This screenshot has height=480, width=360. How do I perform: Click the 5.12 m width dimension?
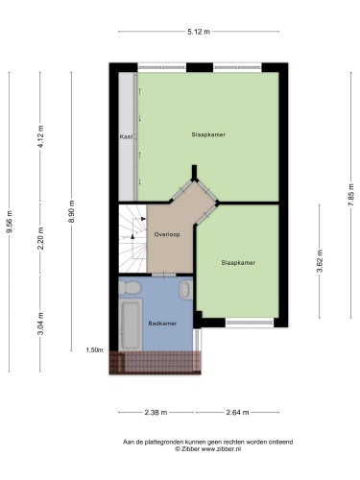199,32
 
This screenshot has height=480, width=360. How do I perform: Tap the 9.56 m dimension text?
10,222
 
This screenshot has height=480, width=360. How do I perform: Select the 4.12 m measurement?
40,136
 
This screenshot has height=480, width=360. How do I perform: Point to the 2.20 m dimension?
40,238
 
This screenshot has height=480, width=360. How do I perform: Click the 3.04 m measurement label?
40,324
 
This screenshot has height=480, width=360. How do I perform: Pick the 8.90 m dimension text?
71,211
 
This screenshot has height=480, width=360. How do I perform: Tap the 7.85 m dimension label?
351,196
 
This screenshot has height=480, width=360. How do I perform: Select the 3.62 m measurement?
320,261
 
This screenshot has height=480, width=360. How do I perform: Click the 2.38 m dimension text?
156,412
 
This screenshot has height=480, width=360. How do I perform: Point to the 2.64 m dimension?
237,412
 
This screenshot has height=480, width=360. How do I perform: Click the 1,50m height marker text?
94,350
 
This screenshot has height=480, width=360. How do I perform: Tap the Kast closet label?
126,136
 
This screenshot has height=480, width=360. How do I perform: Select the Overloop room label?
167,234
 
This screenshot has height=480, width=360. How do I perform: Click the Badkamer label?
162,324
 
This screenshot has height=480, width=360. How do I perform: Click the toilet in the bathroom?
130,287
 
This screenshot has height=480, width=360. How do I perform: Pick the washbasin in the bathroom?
186,290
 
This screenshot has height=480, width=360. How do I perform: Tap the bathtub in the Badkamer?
131,324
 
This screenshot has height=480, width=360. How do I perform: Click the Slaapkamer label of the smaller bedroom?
238,263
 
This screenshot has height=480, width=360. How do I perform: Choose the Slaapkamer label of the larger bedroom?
208,134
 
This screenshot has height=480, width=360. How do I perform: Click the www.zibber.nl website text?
221,449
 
